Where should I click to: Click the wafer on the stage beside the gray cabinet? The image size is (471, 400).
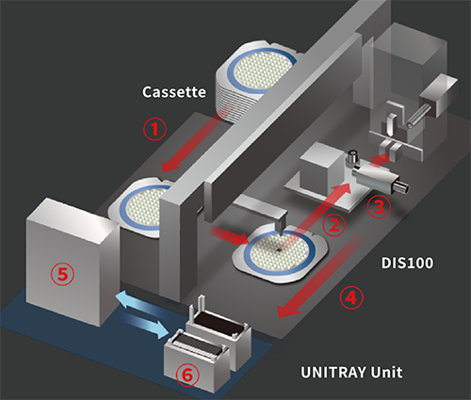(x=146, y=207)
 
